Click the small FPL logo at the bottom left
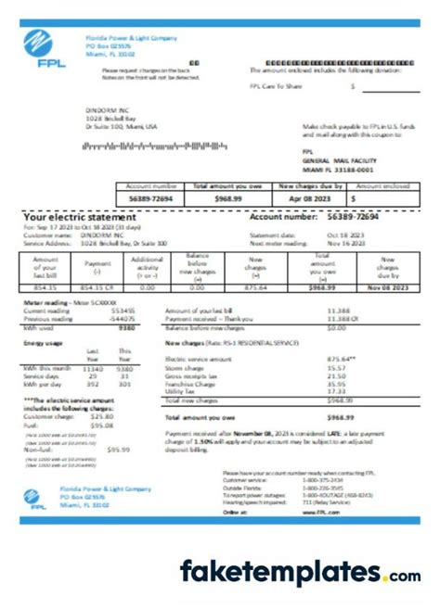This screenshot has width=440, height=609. coord(32,498)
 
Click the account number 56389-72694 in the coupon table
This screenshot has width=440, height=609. coord(148,197)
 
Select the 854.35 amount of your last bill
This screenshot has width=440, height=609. coord(45,288)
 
